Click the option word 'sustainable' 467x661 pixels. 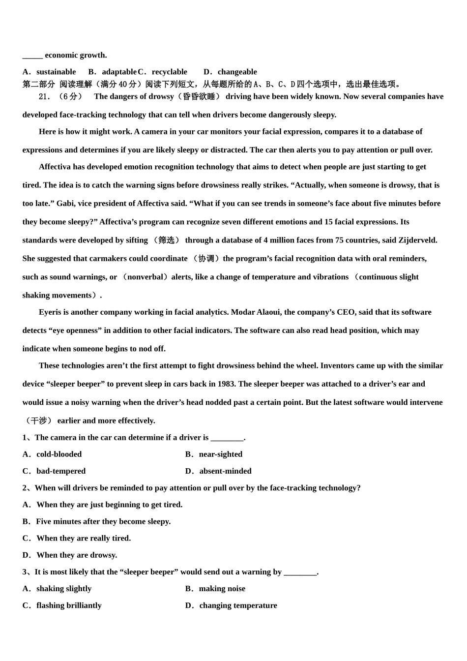click(x=56, y=72)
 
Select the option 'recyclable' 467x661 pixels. click(x=169, y=72)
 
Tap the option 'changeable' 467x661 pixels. click(x=237, y=72)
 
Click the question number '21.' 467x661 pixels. click(x=45, y=96)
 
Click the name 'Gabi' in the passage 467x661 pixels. click(x=65, y=204)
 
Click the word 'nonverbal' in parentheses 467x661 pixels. click(x=145, y=277)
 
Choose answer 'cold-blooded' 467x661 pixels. click(x=59, y=454)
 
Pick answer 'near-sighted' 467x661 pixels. click(x=220, y=454)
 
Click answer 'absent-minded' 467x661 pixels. click(x=225, y=471)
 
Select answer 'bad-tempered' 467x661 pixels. click(x=61, y=471)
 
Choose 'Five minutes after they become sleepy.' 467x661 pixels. click(x=103, y=521)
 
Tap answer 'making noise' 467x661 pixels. click(x=222, y=589)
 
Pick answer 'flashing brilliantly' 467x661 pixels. click(x=69, y=605)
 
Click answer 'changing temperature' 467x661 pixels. click(x=238, y=605)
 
